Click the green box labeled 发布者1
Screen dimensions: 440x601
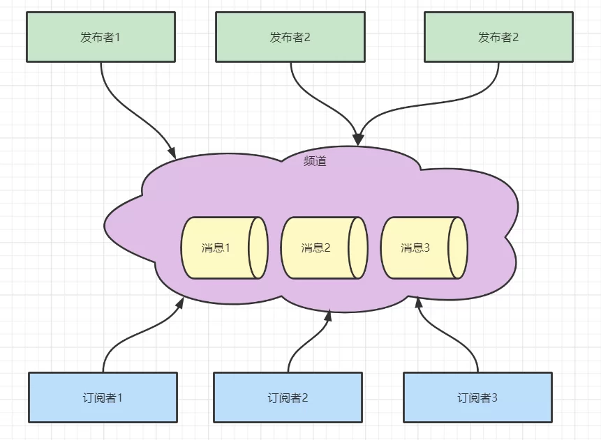[101, 37]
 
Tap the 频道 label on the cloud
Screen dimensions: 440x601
[315, 161]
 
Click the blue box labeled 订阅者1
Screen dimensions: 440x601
[103, 397]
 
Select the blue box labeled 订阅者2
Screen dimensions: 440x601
[288, 397]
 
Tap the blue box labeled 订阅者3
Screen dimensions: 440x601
[477, 397]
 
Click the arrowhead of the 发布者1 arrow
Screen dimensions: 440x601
[172, 151]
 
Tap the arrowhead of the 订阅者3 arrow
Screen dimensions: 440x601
[419, 303]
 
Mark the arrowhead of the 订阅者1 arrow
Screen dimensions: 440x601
[180, 303]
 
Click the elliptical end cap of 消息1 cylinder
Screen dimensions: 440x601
[259, 248]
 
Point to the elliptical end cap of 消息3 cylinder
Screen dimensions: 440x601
[458, 248]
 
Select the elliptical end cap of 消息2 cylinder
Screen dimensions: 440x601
[358, 248]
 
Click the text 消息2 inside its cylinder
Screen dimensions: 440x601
[316, 248]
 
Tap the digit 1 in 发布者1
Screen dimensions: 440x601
[117, 37]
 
